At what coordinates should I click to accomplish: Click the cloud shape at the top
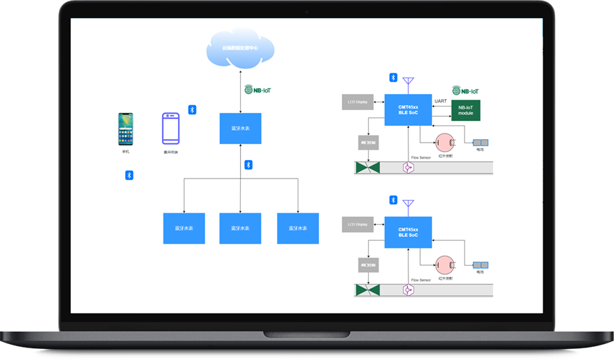coord(241,48)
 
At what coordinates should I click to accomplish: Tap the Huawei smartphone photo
coord(125,129)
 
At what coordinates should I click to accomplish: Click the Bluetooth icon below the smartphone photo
coord(129,175)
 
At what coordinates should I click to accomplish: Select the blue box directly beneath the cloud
coord(240,128)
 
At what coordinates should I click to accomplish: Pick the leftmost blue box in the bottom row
coord(184,228)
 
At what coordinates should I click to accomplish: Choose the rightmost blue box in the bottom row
coord(298,228)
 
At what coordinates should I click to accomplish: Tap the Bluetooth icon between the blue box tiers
coord(249,165)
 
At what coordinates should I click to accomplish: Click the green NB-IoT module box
coord(465,110)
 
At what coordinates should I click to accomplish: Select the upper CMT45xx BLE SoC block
coord(408,110)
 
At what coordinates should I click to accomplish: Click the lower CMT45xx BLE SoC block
coord(408,232)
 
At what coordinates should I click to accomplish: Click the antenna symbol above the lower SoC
coord(408,206)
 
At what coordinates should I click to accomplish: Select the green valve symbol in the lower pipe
coord(368,290)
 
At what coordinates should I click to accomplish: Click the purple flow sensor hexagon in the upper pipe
coord(408,168)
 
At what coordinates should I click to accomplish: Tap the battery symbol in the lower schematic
coord(480,264)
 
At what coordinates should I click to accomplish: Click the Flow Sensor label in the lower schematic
coord(420,280)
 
